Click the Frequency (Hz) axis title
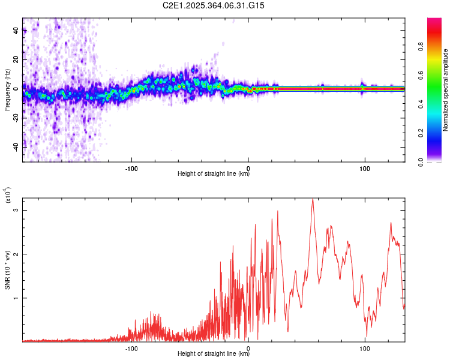click(7, 90)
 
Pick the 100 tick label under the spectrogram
click(364, 167)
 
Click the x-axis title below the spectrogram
click(214, 174)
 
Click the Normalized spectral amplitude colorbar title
click(445, 90)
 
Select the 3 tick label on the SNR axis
click(16, 210)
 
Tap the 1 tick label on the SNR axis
click(16, 298)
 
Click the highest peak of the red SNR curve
click(313, 199)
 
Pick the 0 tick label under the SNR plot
click(248, 347)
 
